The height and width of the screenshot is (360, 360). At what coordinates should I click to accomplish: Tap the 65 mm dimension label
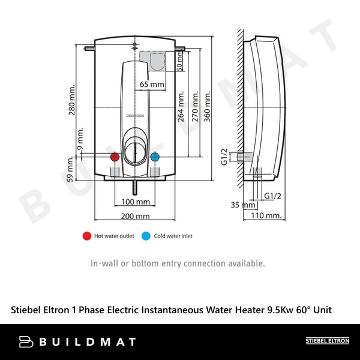[152, 85]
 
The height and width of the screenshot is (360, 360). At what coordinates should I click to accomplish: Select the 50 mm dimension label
[180, 59]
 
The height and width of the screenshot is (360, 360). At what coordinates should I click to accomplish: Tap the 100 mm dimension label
[136, 202]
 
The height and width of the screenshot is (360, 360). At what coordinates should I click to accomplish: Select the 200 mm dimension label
[136, 216]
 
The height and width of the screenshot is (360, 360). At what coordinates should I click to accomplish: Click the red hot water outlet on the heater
[115, 157]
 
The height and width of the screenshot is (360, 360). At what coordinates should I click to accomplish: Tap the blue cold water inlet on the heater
[155, 157]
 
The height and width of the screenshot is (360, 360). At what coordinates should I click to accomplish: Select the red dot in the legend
[86, 236]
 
